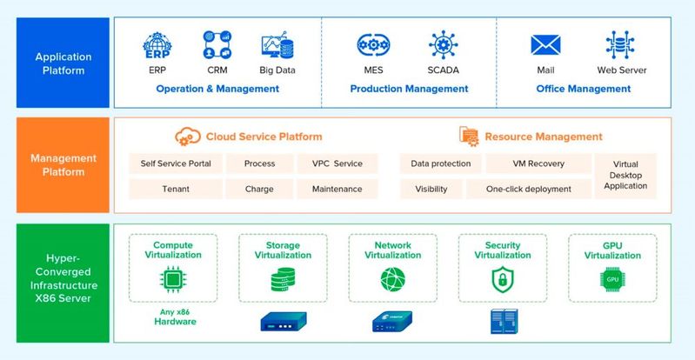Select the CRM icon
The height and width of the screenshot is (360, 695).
[217, 44]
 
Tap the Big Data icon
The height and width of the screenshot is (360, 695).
[277, 46]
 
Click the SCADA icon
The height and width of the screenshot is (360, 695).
[444, 45]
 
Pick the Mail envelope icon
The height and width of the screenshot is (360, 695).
[545, 45]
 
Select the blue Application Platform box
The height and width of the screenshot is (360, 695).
[63, 63]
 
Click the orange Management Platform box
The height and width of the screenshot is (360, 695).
[63, 165]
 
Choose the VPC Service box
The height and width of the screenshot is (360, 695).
[331, 163]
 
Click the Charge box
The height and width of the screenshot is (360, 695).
[259, 189]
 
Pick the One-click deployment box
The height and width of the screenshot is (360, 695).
[528, 189]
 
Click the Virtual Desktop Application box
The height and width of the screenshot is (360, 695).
[625, 176]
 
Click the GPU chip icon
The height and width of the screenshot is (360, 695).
[611, 279]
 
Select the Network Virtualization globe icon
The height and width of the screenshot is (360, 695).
[392, 279]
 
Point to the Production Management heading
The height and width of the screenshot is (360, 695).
[409, 89]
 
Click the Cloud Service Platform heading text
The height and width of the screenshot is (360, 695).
[264, 137]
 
